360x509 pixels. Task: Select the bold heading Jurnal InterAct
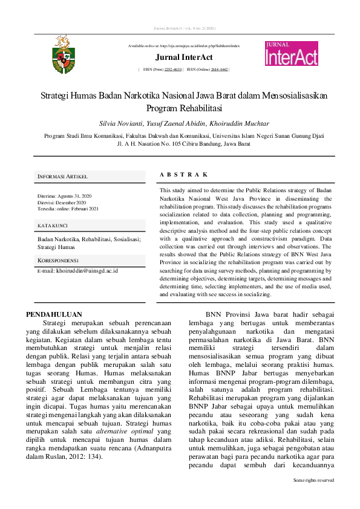pos(183,57)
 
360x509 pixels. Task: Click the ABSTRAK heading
pos(184,174)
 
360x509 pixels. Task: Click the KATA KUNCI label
pos(52,225)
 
